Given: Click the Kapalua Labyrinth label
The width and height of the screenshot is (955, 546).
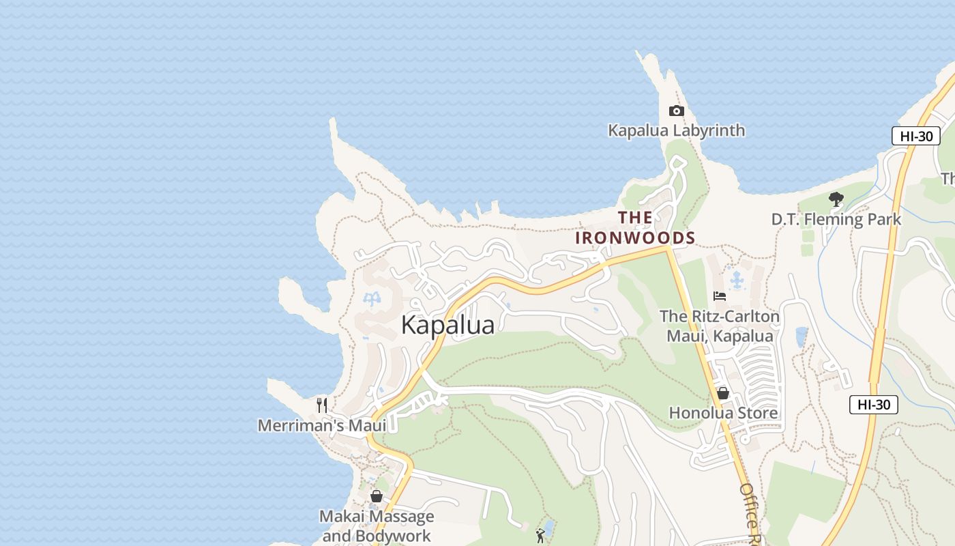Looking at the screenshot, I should coord(676,130).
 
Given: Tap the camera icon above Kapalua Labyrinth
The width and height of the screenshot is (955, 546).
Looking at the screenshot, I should coord(676,111).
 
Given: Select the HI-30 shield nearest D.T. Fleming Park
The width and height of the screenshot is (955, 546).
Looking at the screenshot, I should coord(915,136).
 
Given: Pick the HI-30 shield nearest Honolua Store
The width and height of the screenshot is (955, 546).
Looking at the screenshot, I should coord(873,405).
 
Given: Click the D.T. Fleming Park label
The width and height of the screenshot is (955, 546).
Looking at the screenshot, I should coord(836,219).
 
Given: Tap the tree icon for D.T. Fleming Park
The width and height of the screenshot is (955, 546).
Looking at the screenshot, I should coord(836,200).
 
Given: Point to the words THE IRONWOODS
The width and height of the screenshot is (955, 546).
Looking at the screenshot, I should coord(635,228).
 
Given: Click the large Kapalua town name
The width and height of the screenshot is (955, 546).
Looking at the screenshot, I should coord(447,325).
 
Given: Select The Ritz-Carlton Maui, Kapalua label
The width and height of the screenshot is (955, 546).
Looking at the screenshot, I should coord(720,326).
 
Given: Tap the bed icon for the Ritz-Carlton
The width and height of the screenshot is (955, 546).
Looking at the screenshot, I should coord(719,296).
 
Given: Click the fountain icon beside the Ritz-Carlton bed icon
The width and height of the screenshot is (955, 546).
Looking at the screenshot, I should coord(737,280).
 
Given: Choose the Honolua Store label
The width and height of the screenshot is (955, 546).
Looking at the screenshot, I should coord(723,413).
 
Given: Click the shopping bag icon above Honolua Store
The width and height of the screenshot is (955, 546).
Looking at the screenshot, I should coord(723,393).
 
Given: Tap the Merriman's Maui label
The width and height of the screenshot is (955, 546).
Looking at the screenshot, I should coord(322,425).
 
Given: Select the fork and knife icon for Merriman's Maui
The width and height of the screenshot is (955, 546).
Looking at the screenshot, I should coord(322,405).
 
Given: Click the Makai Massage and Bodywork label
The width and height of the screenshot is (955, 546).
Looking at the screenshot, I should coord(377,526).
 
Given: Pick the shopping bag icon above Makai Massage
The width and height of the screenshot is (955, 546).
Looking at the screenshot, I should coord(376,496).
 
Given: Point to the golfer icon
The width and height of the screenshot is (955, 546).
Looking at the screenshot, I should coord(540,536).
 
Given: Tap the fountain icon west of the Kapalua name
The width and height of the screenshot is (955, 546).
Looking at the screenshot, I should coord(372,300).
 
